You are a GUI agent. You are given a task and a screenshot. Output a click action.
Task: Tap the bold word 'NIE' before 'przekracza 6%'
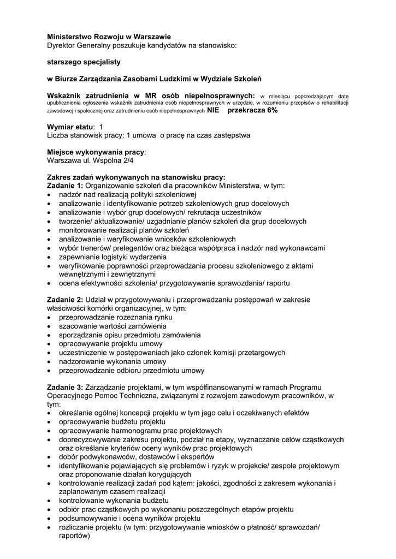[x=213, y=110]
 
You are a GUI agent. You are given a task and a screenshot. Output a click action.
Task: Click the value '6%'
[x=272, y=110]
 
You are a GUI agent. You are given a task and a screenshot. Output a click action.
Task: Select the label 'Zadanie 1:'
[x=64, y=186]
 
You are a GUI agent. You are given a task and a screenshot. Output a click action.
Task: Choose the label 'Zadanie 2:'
[x=65, y=300]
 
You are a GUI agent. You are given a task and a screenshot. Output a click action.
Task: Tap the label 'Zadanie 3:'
[x=65, y=387]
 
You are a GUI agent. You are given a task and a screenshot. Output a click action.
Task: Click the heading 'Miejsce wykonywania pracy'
[x=96, y=152]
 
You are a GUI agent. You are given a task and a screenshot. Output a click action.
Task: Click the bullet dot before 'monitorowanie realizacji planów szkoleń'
[x=50, y=230]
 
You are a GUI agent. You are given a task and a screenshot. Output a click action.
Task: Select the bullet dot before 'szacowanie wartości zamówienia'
[x=50, y=326]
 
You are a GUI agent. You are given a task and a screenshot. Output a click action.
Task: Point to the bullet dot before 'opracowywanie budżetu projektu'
[x=50, y=422]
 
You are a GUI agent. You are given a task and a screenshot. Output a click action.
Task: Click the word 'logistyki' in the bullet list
[x=123, y=257]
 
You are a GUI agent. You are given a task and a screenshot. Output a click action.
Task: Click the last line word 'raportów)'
[x=74, y=536]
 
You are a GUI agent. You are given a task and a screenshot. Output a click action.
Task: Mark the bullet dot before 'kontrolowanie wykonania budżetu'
[x=50, y=501]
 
